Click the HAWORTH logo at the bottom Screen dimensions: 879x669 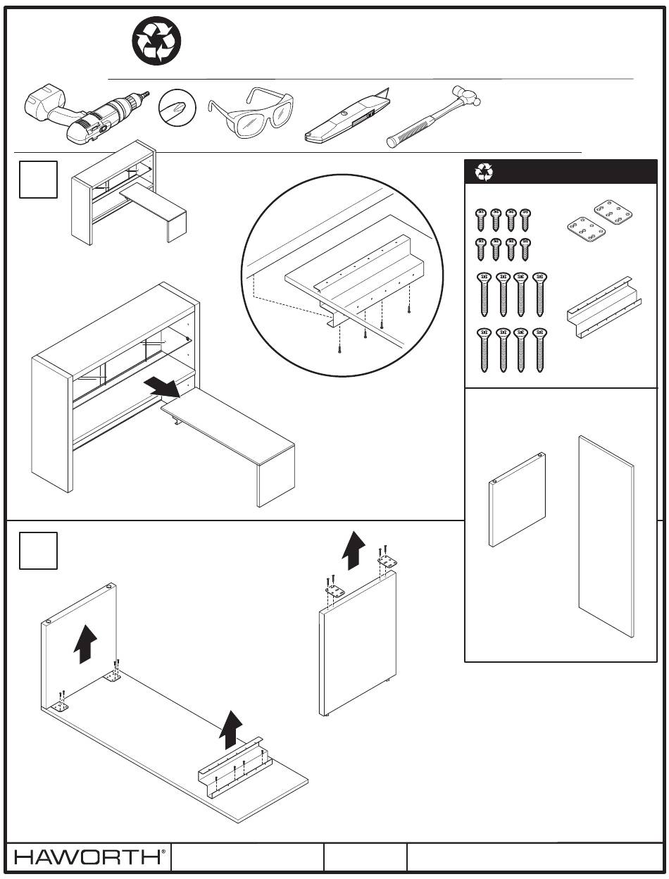point(89,856)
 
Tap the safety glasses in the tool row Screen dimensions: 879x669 point(250,112)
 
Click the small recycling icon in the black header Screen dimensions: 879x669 point(484,172)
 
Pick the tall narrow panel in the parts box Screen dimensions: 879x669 point(606,536)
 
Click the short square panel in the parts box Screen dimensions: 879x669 point(518,500)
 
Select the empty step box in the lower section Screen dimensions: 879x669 point(39,550)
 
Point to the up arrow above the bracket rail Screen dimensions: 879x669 point(231,730)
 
